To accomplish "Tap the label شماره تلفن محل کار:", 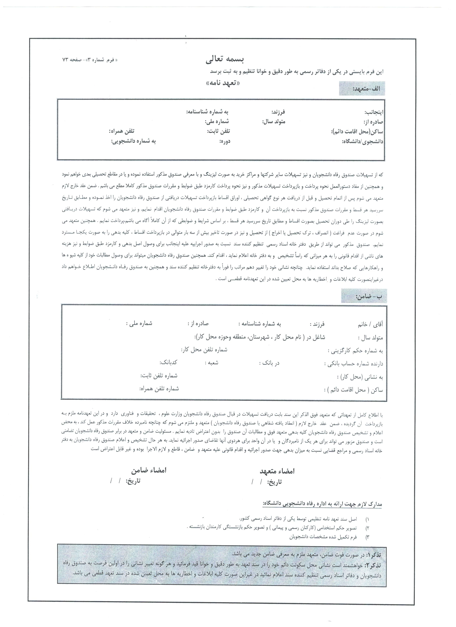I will point(204,350).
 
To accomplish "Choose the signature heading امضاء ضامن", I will point(149,470).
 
